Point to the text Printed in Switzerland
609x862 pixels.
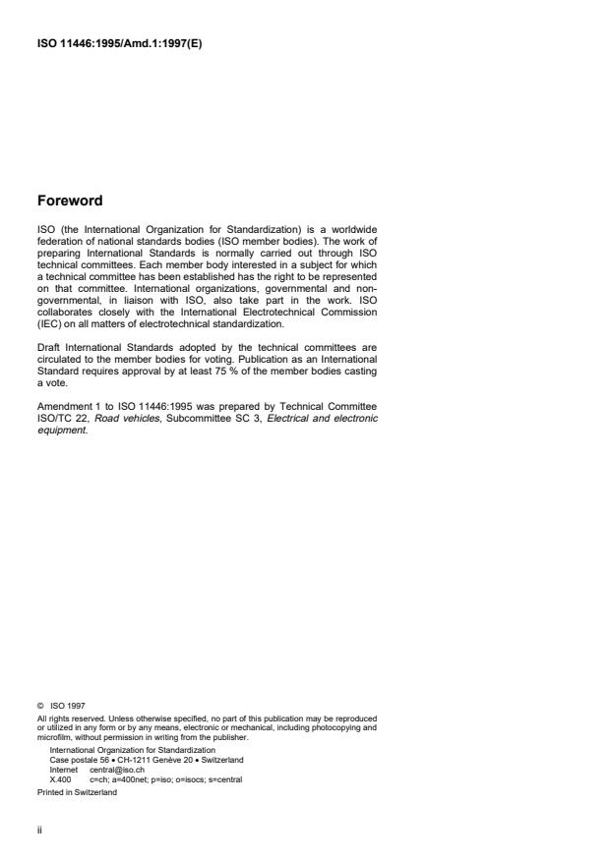pyautogui.click(x=76, y=792)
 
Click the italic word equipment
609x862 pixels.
pyautogui.click(x=58, y=428)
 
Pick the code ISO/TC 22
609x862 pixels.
pyautogui.click(x=59, y=418)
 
